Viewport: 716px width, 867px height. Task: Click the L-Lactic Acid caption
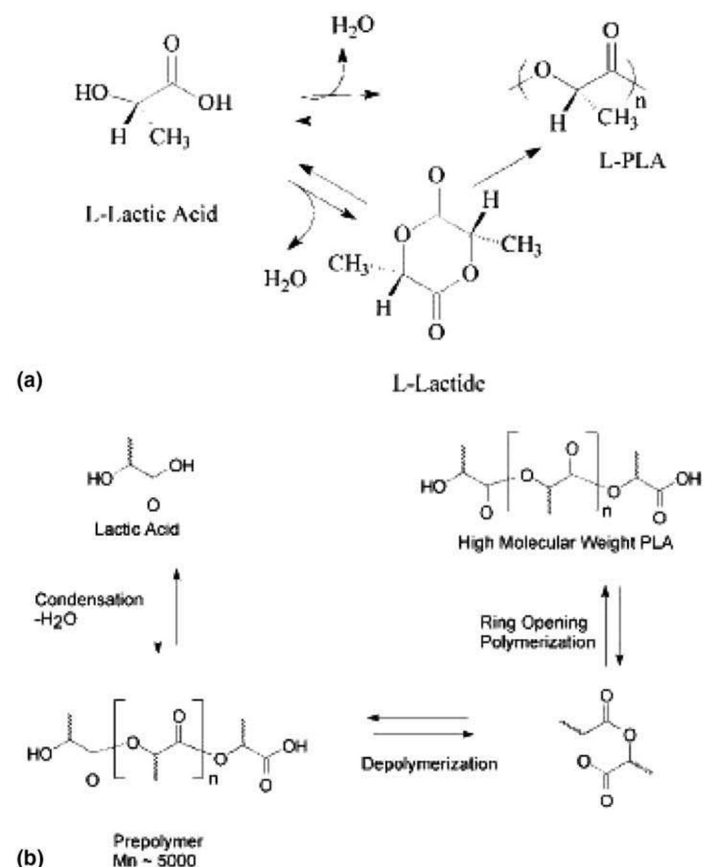[x=151, y=213]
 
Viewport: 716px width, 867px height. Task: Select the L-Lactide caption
[x=437, y=383]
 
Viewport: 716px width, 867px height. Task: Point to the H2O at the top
[x=353, y=26]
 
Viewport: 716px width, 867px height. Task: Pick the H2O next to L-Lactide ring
[x=286, y=279]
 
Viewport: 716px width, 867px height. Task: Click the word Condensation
[x=89, y=600]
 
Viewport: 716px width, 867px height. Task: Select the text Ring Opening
[x=534, y=622]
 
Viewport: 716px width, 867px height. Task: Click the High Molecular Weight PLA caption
[x=565, y=544]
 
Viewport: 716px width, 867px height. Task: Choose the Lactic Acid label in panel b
[x=137, y=529]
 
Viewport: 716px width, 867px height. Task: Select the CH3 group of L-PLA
[x=618, y=119]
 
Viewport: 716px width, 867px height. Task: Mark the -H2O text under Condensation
[x=56, y=618]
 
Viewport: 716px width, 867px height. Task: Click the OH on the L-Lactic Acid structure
[x=214, y=103]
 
